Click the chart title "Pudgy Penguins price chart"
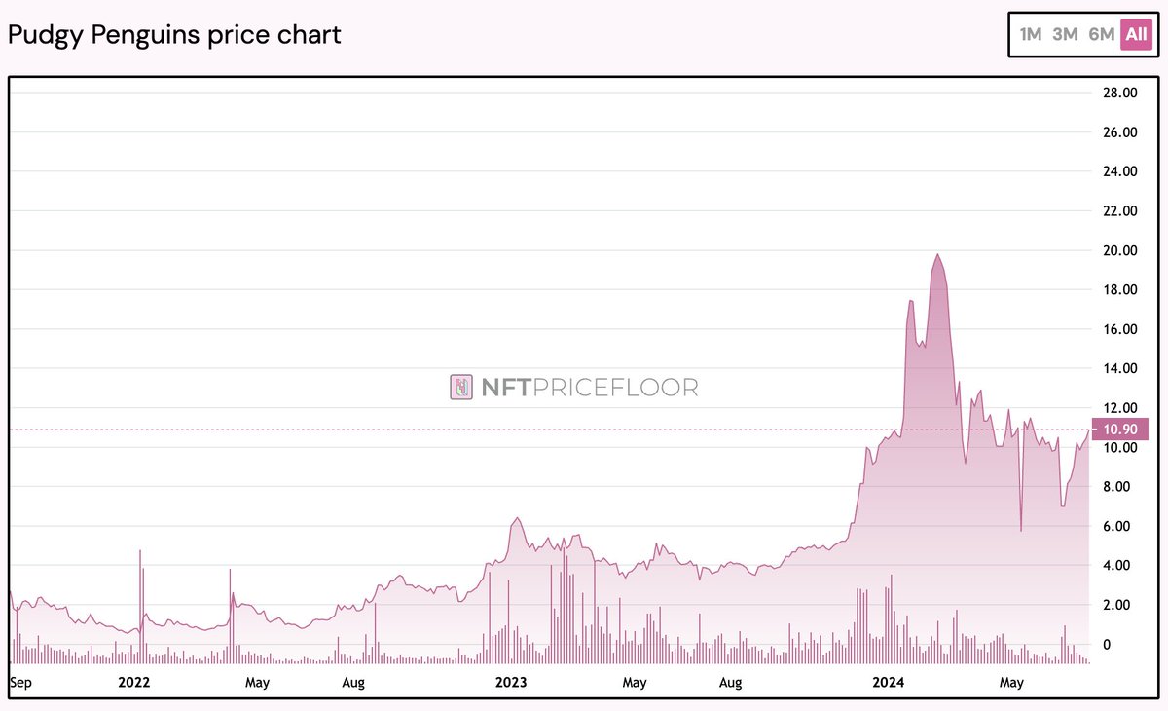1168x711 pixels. pos(174,35)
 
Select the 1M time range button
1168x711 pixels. pos(1031,34)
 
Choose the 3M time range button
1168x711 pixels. pos(1066,34)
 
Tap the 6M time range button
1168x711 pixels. pos(1101,34)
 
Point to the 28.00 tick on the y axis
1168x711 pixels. pos(1117,94)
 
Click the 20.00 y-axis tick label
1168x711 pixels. pos(1117,250)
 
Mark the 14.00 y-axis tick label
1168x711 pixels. pos(1117,369)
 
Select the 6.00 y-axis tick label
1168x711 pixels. pos(1117,526)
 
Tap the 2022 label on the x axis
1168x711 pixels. pos(133,682)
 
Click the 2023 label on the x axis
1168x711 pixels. pos(510,682)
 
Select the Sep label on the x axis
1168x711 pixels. pos(20,682)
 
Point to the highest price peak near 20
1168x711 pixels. pos(936,254)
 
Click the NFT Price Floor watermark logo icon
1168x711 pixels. pos(461,388)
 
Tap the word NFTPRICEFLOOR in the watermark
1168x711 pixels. pos(590,388)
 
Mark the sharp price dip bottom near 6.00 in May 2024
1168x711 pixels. pos(1021,530)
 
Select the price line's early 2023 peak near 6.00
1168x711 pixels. pos(517,518)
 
